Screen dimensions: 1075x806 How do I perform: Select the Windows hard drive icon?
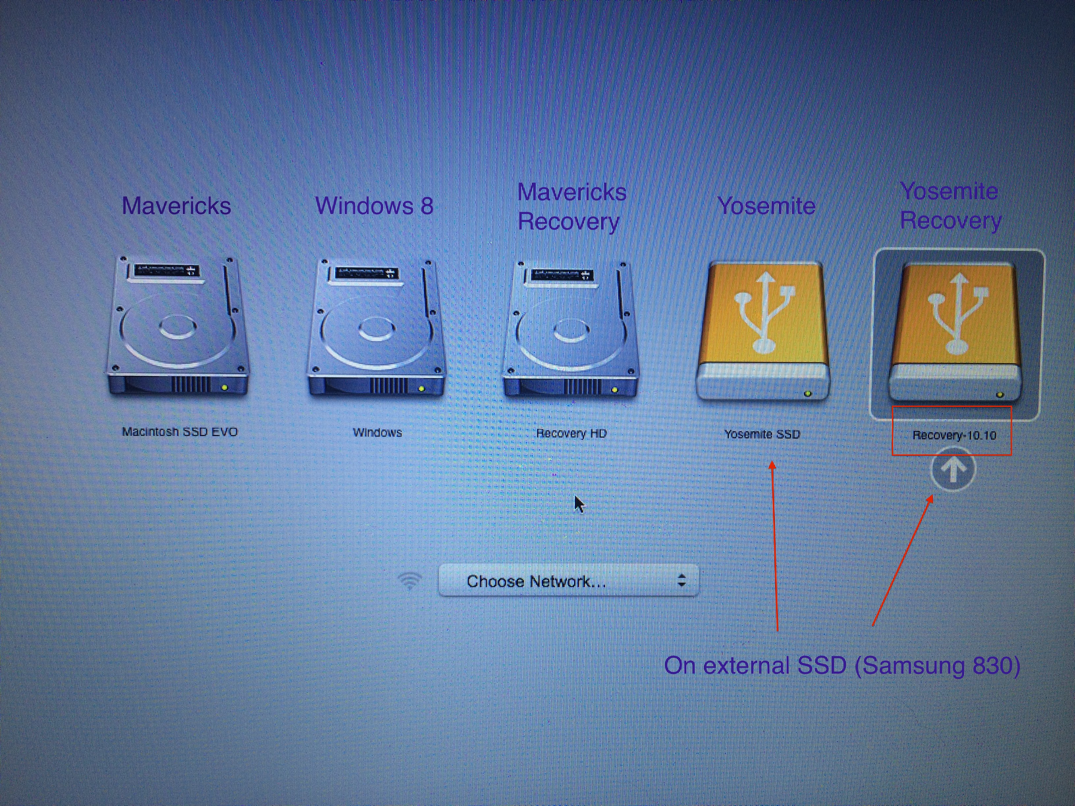tap(376, 328)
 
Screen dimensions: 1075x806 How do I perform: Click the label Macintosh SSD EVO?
tap(180, 432)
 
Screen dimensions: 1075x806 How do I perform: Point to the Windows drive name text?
tap(378, 432)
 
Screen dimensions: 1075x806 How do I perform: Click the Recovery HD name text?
tap(571, 433)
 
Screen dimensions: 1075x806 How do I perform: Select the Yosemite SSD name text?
tap(762, 434)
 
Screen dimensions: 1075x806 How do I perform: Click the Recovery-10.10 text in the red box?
tap(954, 435)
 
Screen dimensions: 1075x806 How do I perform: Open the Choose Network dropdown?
tap(568, 580)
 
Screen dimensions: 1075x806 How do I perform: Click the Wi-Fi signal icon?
tap(410, 580)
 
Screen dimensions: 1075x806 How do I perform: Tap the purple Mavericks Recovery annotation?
tap(571, 207)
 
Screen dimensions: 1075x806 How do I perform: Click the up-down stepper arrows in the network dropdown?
tap(681, 580)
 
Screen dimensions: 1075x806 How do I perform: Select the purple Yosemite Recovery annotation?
tap(950, 206)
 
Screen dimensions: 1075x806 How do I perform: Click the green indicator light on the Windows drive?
tap(421, 389)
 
